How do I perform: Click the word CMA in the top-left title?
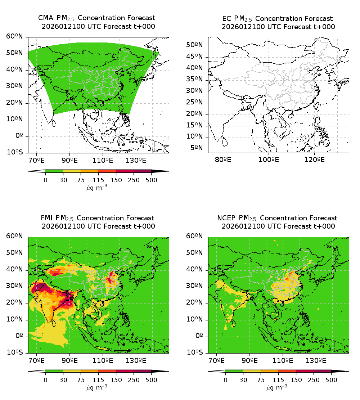click(45, 18)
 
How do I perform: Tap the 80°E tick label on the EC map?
click(223, 159)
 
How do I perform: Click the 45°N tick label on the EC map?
click(194, 57)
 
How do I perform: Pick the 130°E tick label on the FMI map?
click(136, 360)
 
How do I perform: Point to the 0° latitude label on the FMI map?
click(19, 336)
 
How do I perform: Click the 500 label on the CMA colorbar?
click(151, 180)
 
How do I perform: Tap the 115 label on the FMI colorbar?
click(98, 380)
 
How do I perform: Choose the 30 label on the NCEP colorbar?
click(243, 380)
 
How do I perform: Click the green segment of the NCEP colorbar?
click(234, 371)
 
